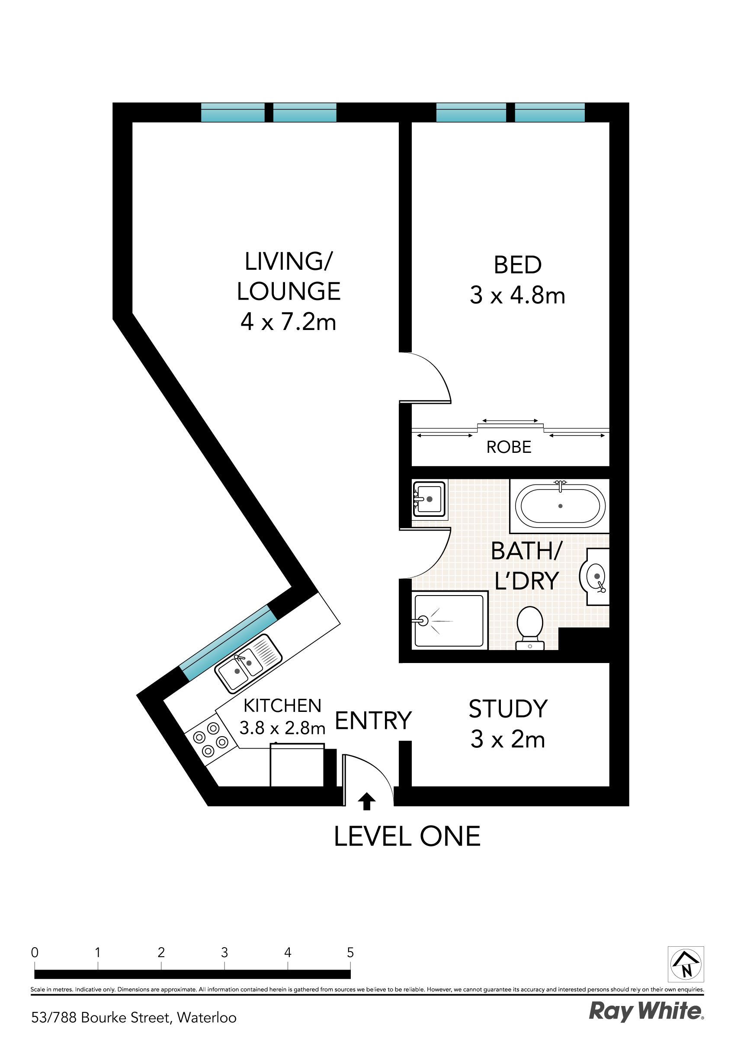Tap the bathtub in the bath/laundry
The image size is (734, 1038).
click(x=560, y=506)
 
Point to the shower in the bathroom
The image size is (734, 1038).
click(x=449, y=621)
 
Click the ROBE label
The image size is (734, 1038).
click(x=509, y=447)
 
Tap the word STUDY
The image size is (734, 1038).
click(x=508, y=708)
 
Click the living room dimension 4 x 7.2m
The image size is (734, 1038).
click(x=288, y=322)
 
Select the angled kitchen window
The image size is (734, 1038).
click(x=228, y=643)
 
